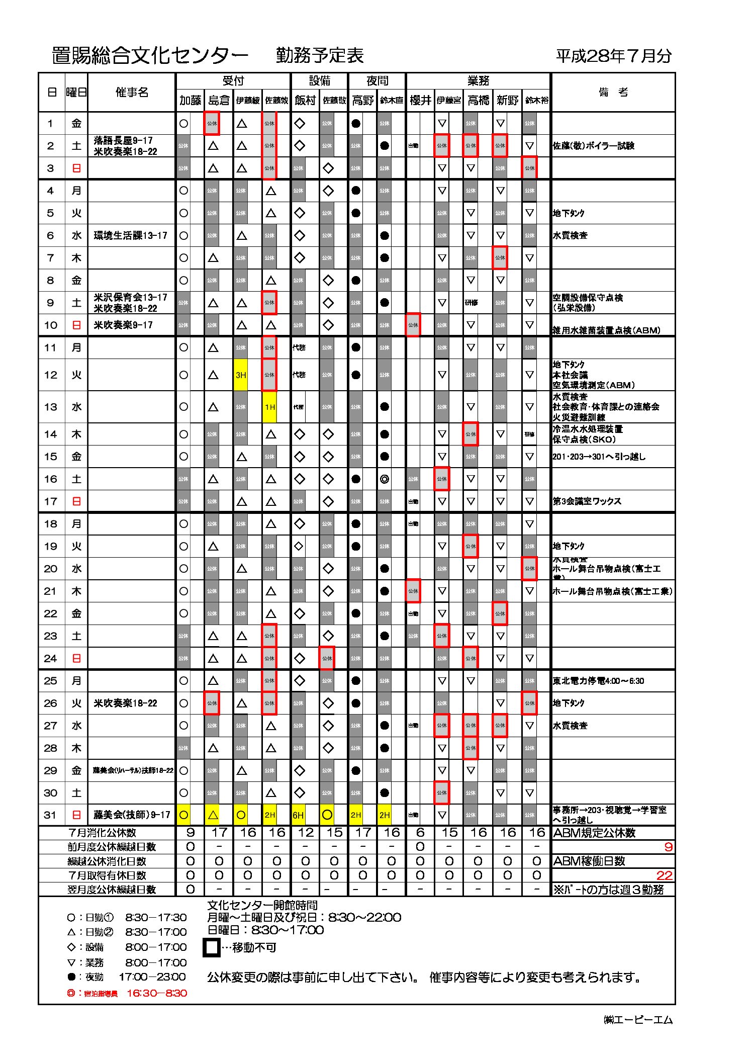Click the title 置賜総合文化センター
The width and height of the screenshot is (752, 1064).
[150, 56]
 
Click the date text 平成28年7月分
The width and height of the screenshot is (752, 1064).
[613, 56]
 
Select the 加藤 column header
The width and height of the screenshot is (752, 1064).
[190, 101]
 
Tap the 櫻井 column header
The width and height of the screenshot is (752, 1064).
[420, 101]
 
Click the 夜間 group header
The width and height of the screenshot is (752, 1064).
[377, 81]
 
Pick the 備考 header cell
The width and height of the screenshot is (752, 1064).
[613, 92]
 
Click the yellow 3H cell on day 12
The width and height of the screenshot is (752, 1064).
[241, 375]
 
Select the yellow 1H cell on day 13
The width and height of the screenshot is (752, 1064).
[270, 407]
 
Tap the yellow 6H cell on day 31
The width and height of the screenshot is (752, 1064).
[298, 815]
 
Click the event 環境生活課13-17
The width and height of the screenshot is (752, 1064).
[130, 236]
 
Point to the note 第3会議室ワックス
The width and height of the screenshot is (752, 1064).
[587, 501]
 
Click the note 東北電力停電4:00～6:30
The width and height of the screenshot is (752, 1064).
[598, 681]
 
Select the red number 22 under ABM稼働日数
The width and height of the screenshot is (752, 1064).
[664, 875]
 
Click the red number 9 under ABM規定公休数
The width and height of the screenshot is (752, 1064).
[668, 847]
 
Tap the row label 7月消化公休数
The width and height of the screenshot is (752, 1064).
[102, 833]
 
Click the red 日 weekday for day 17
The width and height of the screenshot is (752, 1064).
[76, 501]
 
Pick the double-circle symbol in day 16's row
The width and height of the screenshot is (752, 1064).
[385, 479]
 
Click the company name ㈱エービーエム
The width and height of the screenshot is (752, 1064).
[638, 1020]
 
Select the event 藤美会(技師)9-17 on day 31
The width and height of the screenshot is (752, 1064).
[131, 815]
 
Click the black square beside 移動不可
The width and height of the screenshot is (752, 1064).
[212, 948]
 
